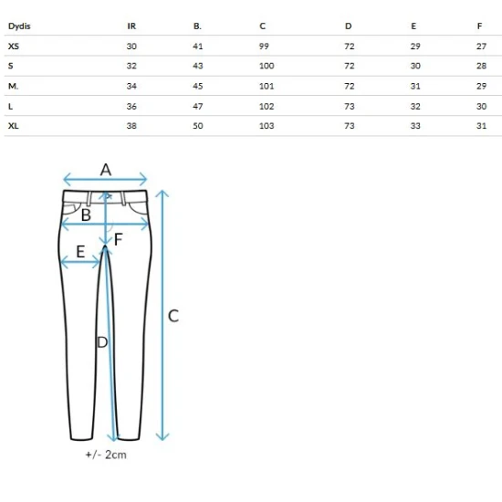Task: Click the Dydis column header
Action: (x=19, y=26)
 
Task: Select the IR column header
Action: (x=131, y=26)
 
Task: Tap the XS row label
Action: (x=14, y=47)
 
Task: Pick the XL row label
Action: (x=13, y=126)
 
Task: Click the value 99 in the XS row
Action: (x=264, y=47)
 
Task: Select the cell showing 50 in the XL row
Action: (x=198, y=126)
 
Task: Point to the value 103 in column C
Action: (x=267, y=126)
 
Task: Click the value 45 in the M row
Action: (x=198, y=86)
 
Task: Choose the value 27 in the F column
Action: (x=481, y=47)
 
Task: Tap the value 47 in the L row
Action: (x=198, y=106)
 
